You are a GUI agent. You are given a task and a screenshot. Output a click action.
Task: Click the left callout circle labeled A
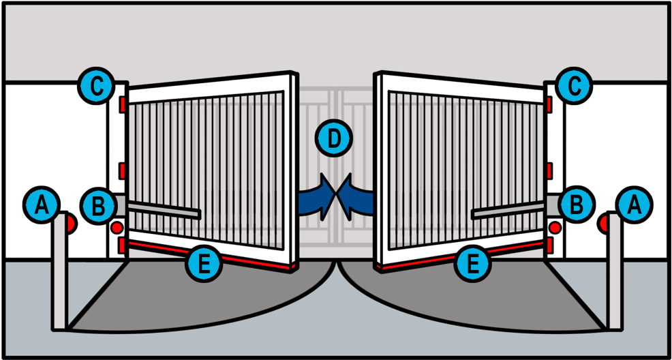(42, 205)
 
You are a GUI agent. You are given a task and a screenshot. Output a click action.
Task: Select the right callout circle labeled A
(635, 205)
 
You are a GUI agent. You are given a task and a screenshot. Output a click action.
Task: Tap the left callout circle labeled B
(99, 205)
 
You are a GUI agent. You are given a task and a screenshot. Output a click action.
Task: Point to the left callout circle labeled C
(96, 86)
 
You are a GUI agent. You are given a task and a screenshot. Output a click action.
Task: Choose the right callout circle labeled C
(575, 86)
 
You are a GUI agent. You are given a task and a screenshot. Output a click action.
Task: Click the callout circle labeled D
(334, 138)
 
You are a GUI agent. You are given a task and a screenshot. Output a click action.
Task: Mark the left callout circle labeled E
(204, 263)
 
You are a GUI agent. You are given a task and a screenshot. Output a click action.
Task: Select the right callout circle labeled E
(473, 263)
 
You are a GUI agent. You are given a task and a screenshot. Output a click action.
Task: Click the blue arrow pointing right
(317, 197)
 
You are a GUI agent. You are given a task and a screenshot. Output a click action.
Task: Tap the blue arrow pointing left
(355, 197)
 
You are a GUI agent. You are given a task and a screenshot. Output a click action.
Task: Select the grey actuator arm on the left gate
(164, 209)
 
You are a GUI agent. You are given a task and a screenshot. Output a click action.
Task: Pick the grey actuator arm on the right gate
(508, 209)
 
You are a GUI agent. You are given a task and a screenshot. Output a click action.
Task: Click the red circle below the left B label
(117, 228)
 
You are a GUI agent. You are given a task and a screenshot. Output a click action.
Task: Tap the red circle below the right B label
(555, 228)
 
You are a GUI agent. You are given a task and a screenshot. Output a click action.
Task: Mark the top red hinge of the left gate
(123, 104)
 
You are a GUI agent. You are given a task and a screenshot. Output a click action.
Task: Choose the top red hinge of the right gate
(549, 104)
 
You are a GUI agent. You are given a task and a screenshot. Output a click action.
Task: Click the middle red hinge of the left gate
(123, 170)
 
